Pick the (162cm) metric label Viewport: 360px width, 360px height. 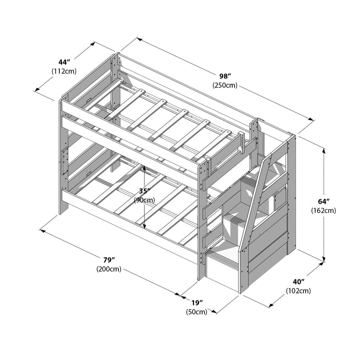click(x=324, y=210)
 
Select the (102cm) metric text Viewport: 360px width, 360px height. click(x=298, y=291)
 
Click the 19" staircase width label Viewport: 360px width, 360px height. click(x=196, y=303)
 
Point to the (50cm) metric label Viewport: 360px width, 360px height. click(x=196, y=311)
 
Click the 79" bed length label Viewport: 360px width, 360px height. click(x=108, y=261)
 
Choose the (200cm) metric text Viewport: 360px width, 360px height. click(x=108, y=269)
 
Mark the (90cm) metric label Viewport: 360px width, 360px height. click(x=144, y=200)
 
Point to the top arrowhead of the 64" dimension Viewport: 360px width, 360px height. click(x=323, y=148)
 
